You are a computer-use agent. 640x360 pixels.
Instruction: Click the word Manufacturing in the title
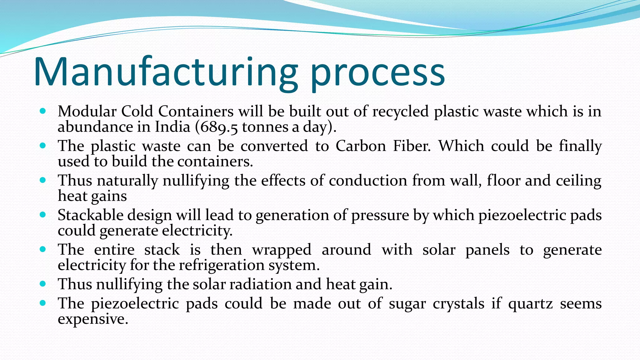click(x=166, y=72)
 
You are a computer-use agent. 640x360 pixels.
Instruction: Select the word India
click(x=172, y=127)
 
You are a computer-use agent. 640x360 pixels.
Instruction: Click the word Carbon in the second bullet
click(x=361, y=146)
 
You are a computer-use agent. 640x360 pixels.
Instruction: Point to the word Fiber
click(x=412, y=146)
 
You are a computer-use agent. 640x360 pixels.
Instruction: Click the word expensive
click(x=93, y=319)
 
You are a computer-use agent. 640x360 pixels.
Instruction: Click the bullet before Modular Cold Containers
click(x=43, y=111)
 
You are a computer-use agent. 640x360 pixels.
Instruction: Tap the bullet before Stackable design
click(x=43, y=215)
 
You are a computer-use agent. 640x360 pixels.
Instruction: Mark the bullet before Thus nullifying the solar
click(x=43, y=284)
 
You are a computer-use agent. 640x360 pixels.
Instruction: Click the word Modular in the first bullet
click(x=87, y=111)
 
